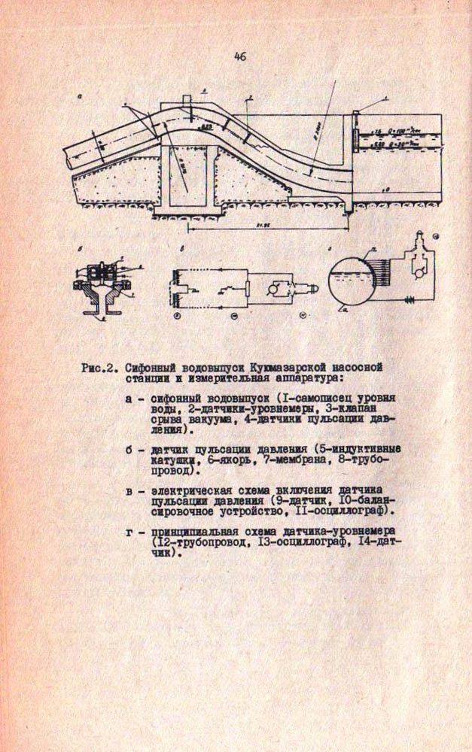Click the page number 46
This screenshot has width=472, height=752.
(239, 56)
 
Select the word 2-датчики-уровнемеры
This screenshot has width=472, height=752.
(226, 411)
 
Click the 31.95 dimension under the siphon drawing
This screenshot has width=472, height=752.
(263, 223)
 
